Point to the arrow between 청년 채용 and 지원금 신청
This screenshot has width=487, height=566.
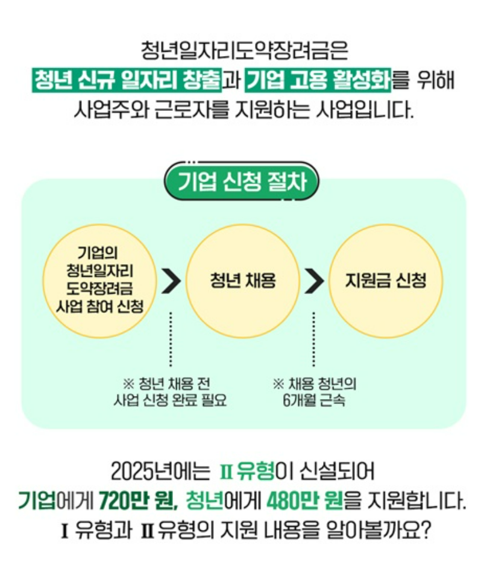pos(314,281)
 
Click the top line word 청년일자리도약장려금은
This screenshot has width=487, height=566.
pos(243,51)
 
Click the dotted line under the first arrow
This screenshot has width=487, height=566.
pos(171,339)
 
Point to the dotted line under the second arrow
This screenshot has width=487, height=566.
pos(314,339)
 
